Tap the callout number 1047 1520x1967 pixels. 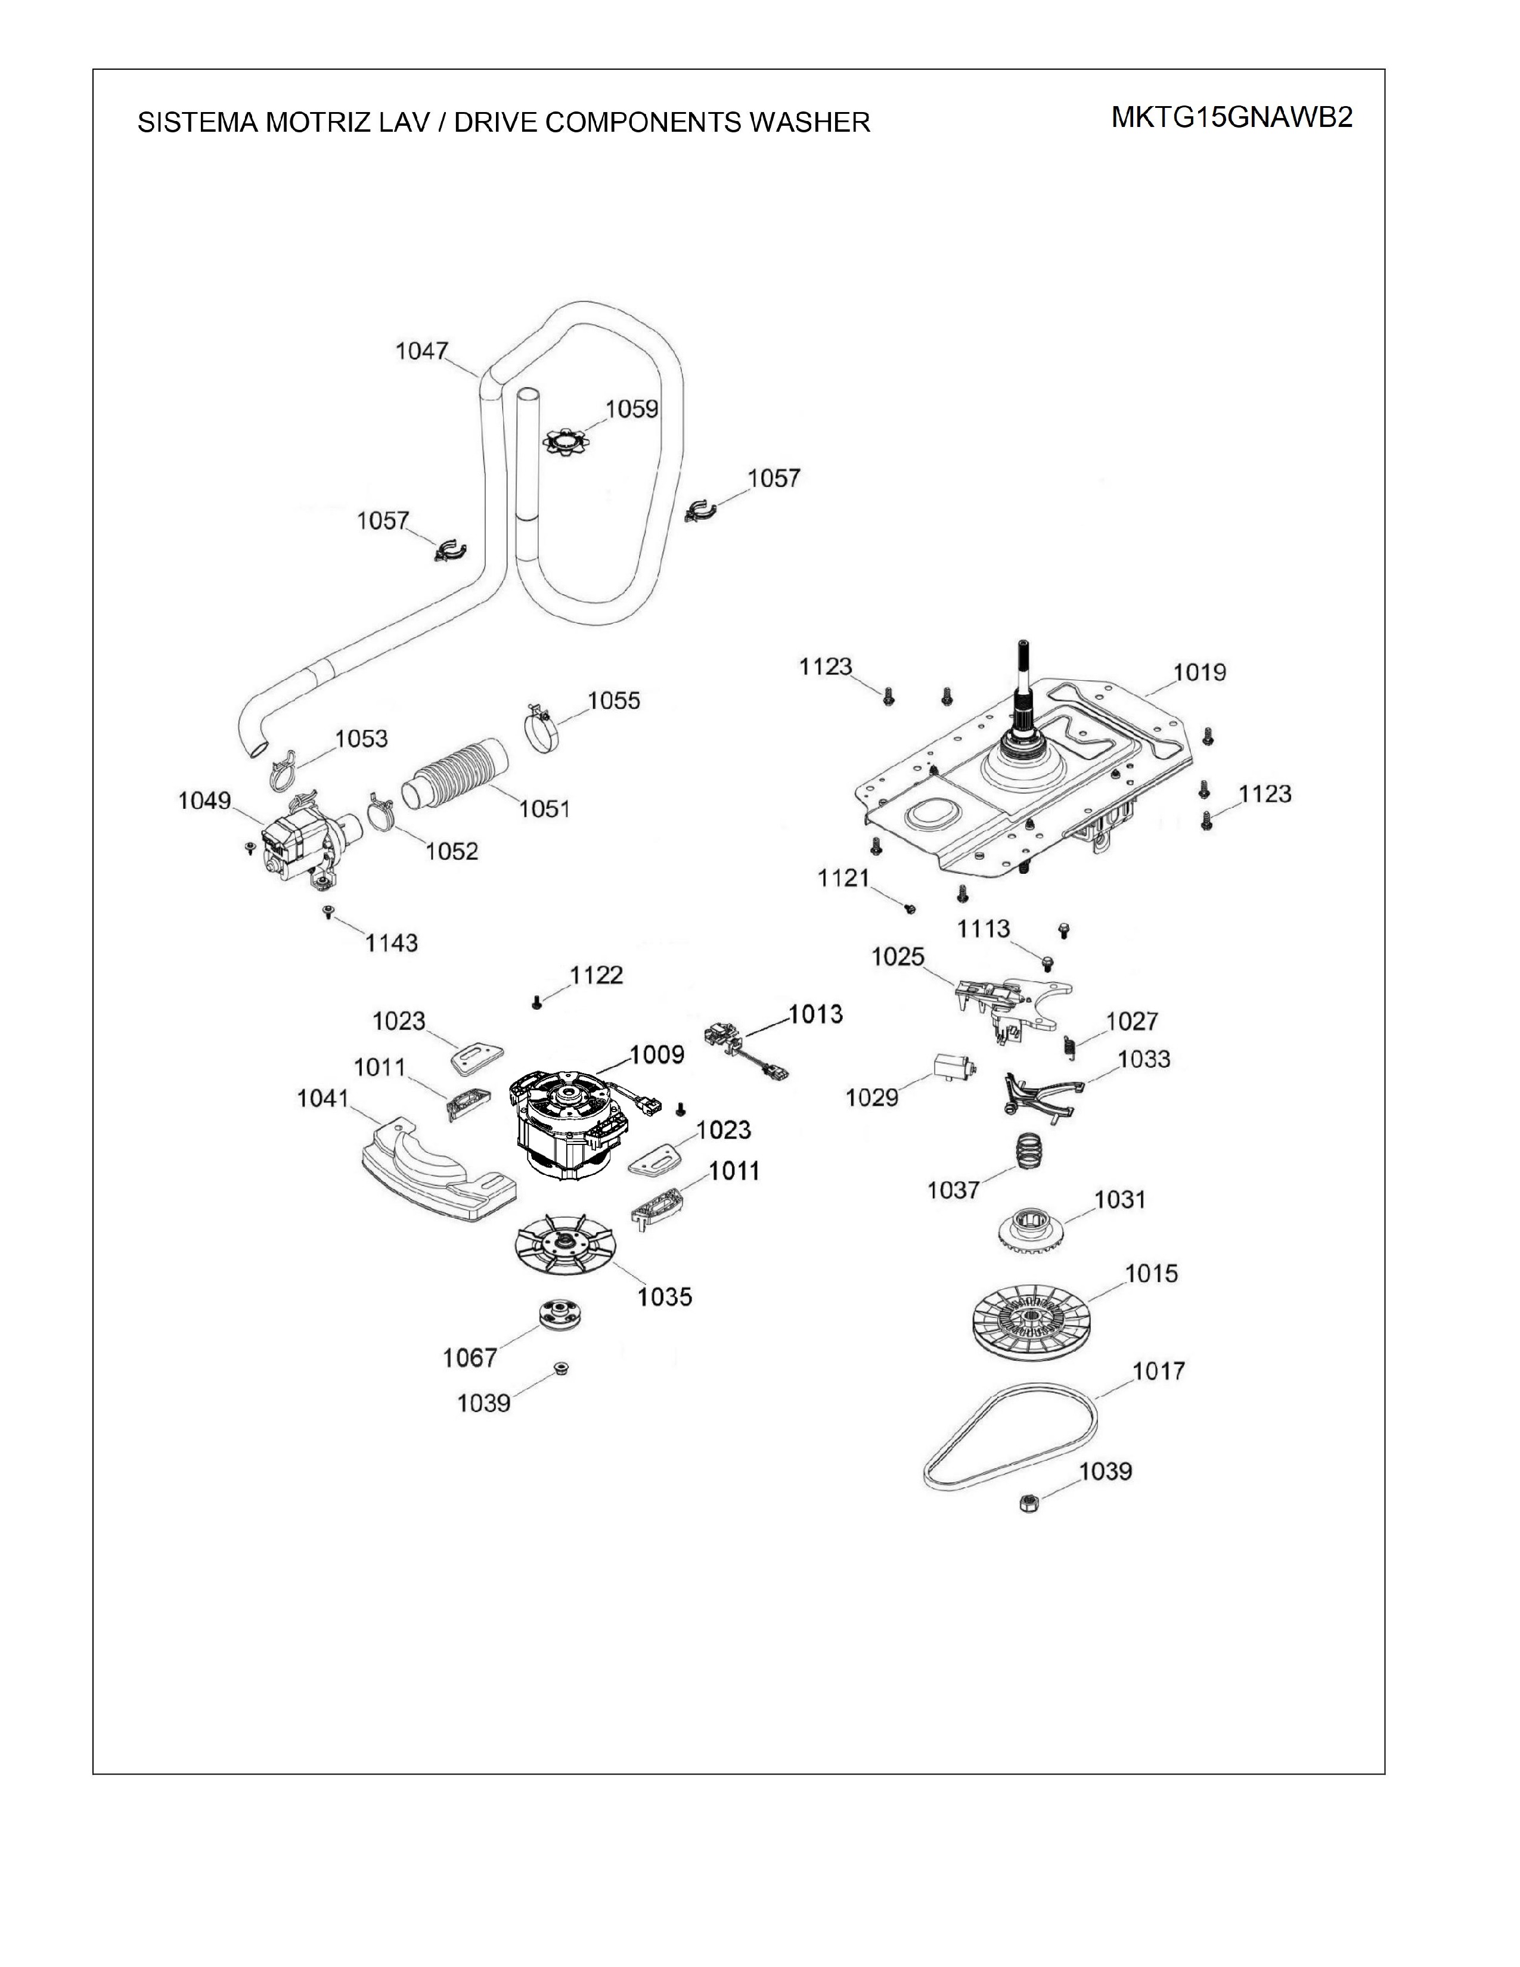click(421, 351)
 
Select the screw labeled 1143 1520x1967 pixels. click(328, 913)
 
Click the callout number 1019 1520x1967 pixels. click(1199, 672)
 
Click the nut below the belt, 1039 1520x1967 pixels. click(1031, 1502)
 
